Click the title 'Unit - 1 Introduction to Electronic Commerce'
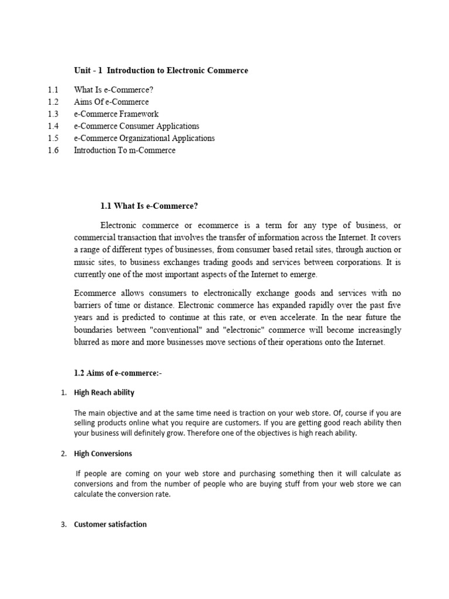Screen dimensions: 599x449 pos(161,70)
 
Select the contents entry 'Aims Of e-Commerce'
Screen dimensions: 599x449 pos(111,102)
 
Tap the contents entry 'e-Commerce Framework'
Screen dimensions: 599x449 pos(116,114)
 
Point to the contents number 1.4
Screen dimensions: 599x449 pos(53,126)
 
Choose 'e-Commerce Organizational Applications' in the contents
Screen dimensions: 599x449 pos(144,139)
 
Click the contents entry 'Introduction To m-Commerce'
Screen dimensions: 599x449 pos(124,150)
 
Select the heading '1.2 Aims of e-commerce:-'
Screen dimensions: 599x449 pos(118,374)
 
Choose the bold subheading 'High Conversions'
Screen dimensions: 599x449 pos(103,453)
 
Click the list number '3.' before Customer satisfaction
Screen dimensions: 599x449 pos(64,525)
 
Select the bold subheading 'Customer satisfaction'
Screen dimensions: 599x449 pos(110,525)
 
